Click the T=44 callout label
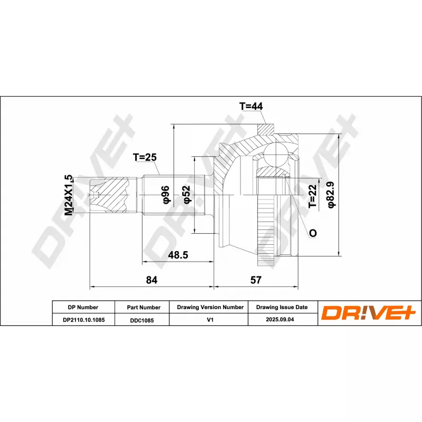pyautogui.click(x=251, y=107)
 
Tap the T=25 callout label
pyautogui.click(x=145, y=157)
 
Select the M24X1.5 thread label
pyautogui.click(x=69, y=195)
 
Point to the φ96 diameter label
pyautogui.click(x=165, y=194)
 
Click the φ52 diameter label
pyautogui.click(x=186, y=194)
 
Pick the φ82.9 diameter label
pyautogui.click(x=331, y=195)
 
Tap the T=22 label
pyautogui.click(x=313, y=196)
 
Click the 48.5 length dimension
pyautogui.click(x=178, y=255)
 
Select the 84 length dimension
pyautogui.click(x=151, y=280)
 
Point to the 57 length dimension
pyautogui.click(x=256, y=280)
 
